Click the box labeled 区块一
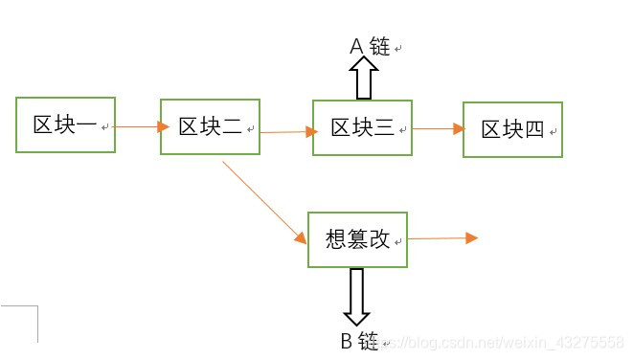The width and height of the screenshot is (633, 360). (65, 124)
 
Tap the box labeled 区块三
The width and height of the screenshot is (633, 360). (362, 127)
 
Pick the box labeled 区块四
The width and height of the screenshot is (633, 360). (512, 129)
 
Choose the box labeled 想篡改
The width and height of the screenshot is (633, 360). (357, 239)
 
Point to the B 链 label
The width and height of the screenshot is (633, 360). (360, 341)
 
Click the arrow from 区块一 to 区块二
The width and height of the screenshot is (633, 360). (136, 124)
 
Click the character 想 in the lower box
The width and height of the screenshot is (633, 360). (335, 239)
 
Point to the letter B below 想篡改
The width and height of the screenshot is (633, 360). (348, 341)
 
